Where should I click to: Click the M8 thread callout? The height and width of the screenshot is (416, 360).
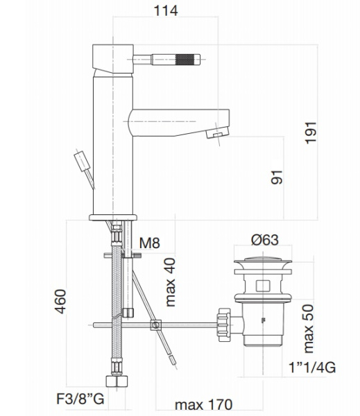pos(150,243)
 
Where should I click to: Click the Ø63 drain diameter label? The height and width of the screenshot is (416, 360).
pos(263,241)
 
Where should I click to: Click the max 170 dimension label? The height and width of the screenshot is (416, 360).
pos(203,404)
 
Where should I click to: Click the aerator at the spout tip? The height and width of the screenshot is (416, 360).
pos(219,133)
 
